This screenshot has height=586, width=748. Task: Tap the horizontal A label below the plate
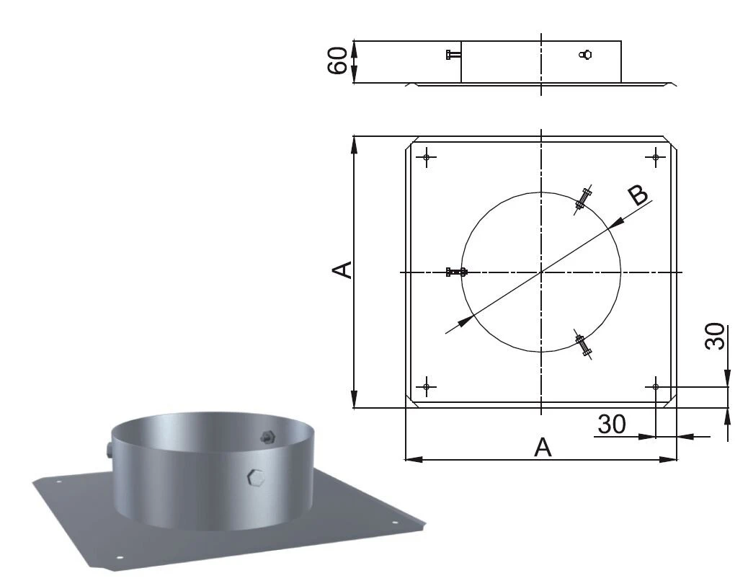543,448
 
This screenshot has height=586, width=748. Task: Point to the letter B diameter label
637,196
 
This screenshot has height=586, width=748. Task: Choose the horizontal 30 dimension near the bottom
612,424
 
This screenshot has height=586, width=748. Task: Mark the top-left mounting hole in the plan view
427,156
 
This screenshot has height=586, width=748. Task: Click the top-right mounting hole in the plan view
655,156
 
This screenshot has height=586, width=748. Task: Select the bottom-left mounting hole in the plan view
427,387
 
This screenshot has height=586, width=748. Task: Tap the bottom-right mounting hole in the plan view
655,387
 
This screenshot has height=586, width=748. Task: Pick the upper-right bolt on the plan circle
582,200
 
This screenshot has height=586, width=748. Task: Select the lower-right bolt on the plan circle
582,343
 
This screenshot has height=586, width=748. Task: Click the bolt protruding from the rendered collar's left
108,451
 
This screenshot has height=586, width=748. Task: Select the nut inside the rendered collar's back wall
267,437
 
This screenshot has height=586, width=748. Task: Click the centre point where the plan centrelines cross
540,272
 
